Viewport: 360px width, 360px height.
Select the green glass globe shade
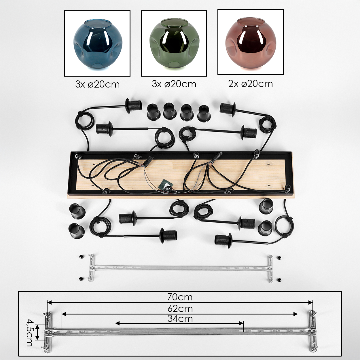click(x=174, y=44)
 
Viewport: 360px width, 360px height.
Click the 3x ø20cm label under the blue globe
click(x=97, y=84)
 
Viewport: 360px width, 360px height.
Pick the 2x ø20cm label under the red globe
click(x=250, y=84)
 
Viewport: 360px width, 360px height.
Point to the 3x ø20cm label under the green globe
click(x=174, y=84)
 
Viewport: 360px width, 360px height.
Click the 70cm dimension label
click(x=180, y=297)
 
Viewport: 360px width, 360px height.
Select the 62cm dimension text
click(x=180, y=309)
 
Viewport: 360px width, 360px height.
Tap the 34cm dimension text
click(x=180, y=319)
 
